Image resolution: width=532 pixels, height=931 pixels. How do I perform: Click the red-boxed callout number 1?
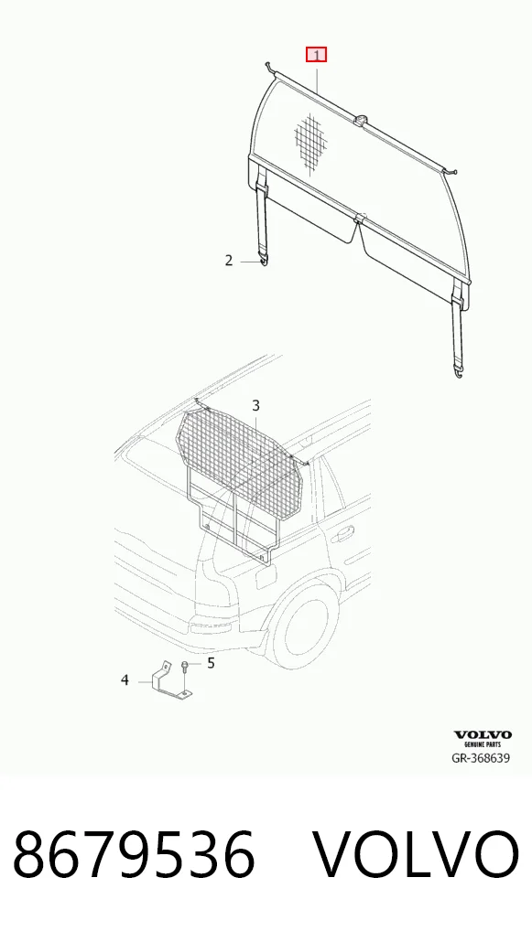(x=316, y=55)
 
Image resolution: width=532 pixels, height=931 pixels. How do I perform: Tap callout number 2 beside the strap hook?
(x=229, y=260)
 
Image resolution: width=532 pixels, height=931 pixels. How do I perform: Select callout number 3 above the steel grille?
(x=256, y=405)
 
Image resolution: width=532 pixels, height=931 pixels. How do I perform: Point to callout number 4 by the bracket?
(x=125, y=680)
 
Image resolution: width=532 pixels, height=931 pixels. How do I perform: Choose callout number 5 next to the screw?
(x=211, y=663)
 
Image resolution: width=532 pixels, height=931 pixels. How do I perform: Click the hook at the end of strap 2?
(x=264, y=259)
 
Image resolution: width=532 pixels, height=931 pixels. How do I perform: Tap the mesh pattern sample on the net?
(x=311, y=140)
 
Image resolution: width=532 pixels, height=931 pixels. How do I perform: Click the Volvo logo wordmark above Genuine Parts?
(x=483, y=735)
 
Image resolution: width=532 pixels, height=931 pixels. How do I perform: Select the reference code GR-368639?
(x=481, y=757)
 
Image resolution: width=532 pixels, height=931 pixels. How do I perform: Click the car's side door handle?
(x=342, y=534)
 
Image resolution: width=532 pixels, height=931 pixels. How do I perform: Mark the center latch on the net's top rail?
(x=361, y=121)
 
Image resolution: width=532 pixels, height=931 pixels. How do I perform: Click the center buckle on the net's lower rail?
(x=359, y=220)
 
